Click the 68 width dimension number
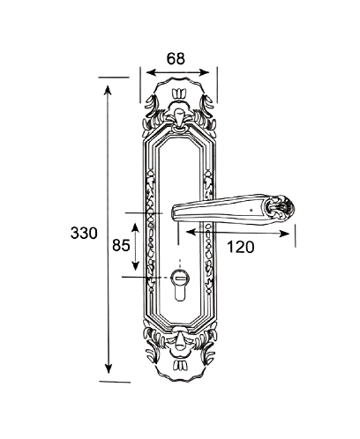tap(176, 58)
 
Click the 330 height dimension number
tap(84, 234)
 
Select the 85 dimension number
tap(121, 245)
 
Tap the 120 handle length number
tap(241, 247)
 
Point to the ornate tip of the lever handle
tap(280, 206)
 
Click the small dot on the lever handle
tap(251, 211)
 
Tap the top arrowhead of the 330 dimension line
tap(108, 90)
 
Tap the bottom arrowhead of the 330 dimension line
tap(109, 368)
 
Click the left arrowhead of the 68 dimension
tap(151, 72)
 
